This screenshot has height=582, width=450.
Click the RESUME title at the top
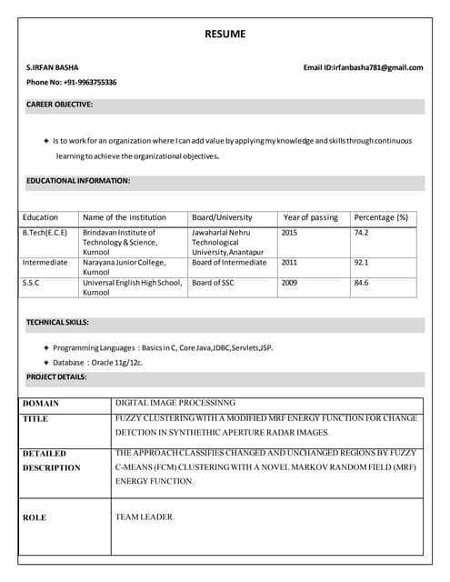click(225, 35)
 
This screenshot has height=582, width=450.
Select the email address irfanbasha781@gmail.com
click(377, 67)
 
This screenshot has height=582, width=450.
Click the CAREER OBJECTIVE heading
click(59, 105)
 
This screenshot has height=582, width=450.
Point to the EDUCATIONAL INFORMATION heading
click(77, 181)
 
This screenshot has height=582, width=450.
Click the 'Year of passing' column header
click(310, 217)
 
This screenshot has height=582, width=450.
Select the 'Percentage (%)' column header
click(380, 217)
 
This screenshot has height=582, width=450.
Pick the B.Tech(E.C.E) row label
click(45, 233)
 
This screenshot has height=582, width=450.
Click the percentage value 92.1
click(361, 263)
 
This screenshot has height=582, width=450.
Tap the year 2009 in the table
click(289, 283)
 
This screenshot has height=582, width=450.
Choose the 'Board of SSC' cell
click(213, 283)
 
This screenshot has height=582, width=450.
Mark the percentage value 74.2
click(361, 233)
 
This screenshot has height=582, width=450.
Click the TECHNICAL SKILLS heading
click(57, 323)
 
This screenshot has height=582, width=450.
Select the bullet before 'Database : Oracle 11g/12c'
click(46, 363)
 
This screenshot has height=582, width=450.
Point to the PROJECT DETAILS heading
click(55, 376)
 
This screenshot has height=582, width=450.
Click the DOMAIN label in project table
click(41, 403)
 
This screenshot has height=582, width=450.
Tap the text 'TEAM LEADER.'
click(145, 517)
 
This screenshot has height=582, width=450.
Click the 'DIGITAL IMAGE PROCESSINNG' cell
click(175, 403)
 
